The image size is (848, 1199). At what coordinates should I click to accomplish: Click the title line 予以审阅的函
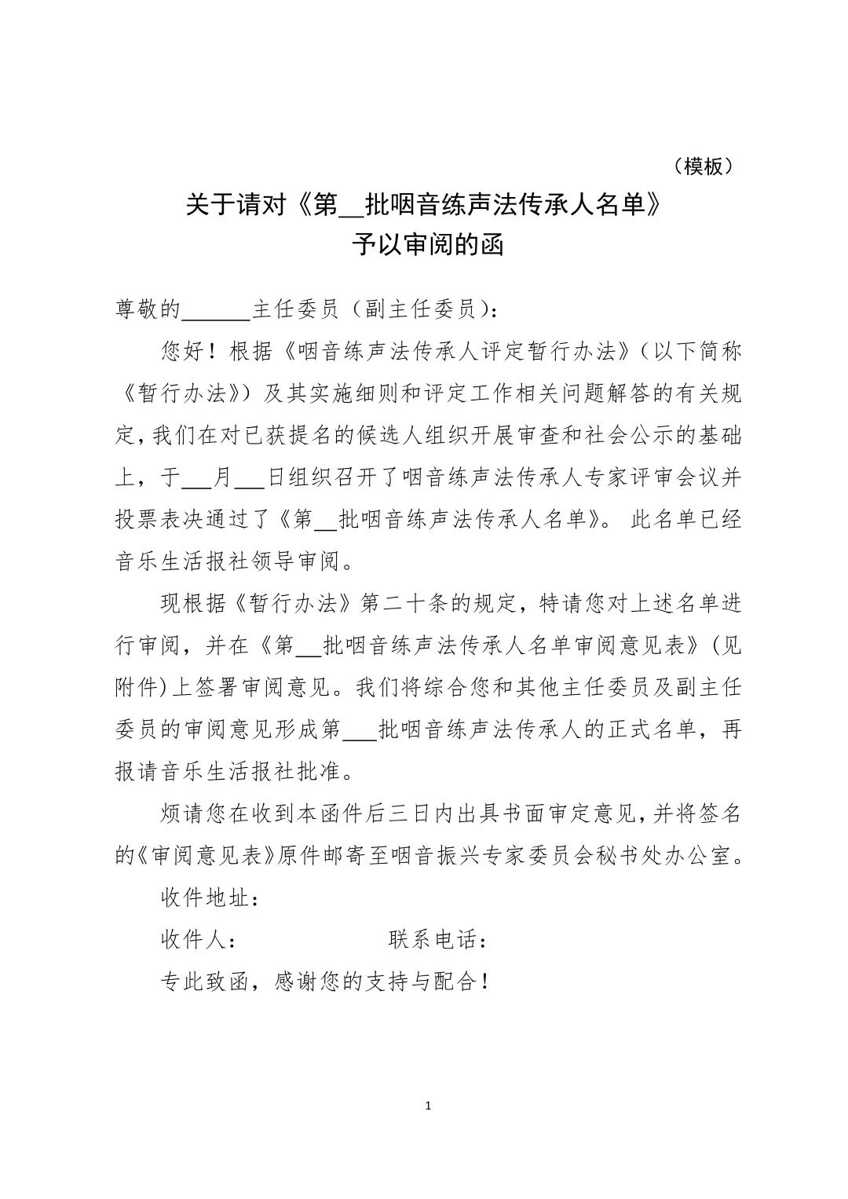click(426, 245)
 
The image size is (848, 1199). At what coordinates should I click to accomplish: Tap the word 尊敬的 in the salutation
click(148, 309)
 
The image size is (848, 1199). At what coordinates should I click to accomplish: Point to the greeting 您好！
click(188, 351)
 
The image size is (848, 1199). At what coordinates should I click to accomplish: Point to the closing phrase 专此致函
click(206, 981)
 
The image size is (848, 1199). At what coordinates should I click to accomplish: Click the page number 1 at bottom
click(427, 1106)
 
